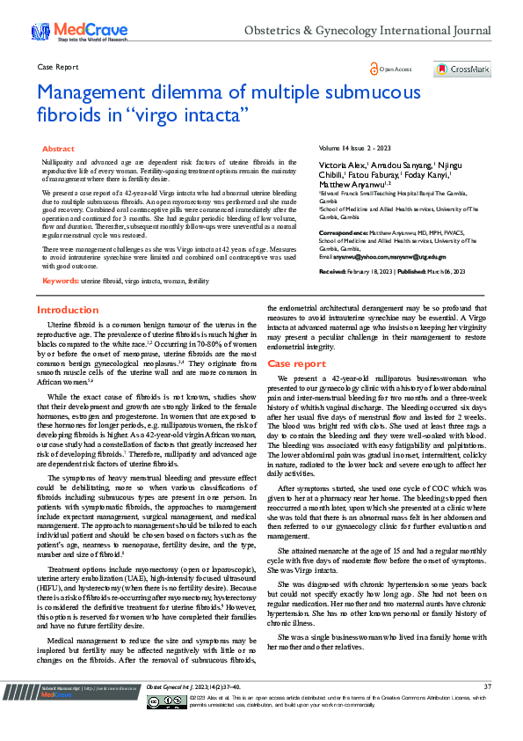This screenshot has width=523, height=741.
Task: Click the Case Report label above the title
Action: pyautogui.click(x=58, y=67)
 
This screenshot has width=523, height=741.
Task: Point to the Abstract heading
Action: pyautogui.click(x=59, y=150)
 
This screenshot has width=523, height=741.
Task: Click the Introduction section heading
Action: pyautogui.click(x=68, y=311)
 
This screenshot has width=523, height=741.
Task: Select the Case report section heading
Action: pyautogui.click(x=296, y=363)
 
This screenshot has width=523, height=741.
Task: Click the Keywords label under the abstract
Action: pyautogui.click(x=61, y=281)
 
